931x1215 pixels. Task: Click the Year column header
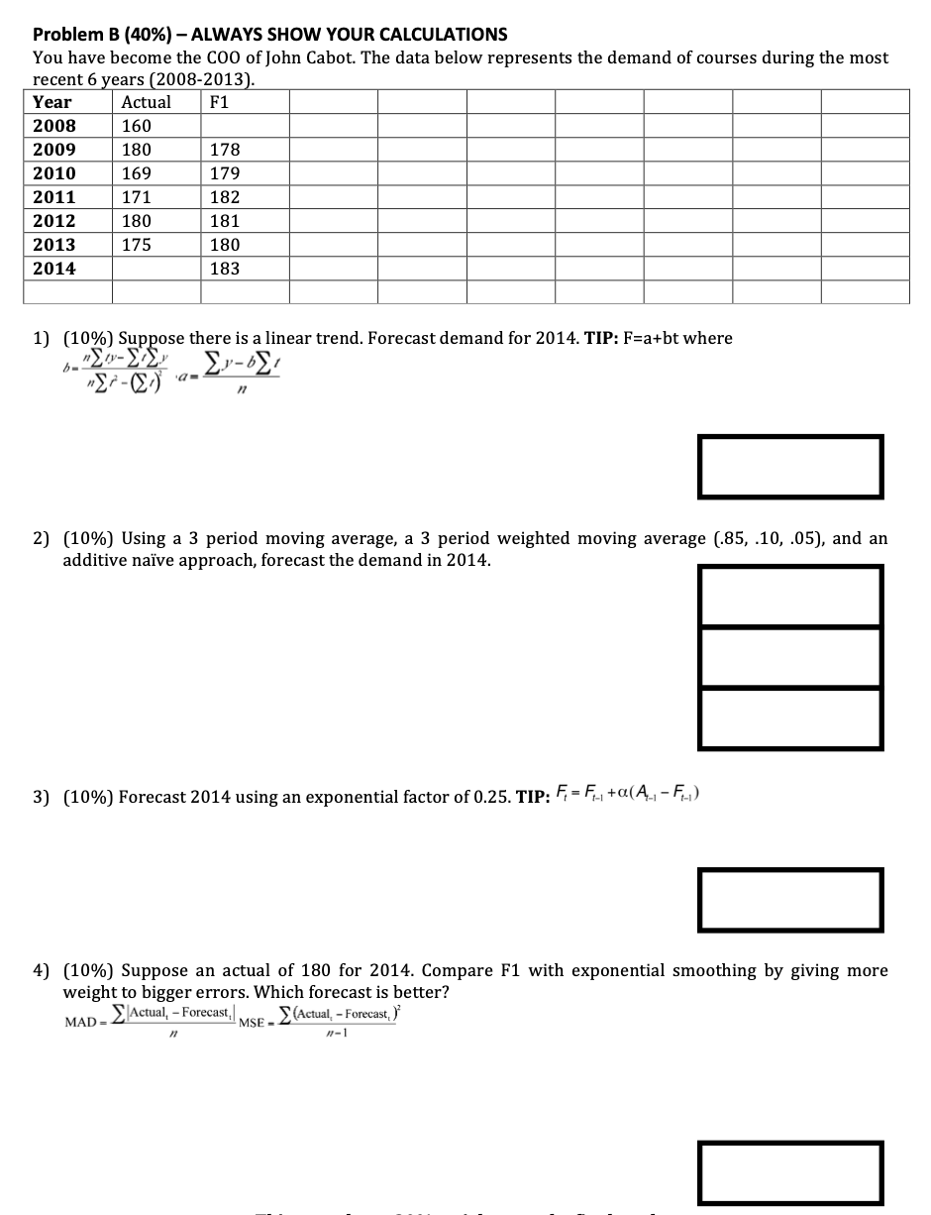coord(52,102)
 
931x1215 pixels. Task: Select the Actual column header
coord(146,102)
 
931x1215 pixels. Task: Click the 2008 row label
coord(54,126)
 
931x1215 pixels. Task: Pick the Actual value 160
coord(137,126)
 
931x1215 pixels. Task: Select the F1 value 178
coord(225,150)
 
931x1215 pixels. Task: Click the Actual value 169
coord(137,173)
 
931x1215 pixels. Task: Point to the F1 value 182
coord(225,197)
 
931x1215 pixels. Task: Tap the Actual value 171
coord(137,197)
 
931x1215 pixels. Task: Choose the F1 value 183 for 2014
coord(225,269)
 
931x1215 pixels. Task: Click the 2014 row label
coord(54,269)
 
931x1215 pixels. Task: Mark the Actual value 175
coord(137,245)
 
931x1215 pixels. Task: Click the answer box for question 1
coord(790,467)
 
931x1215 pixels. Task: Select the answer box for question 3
coord(790,899)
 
